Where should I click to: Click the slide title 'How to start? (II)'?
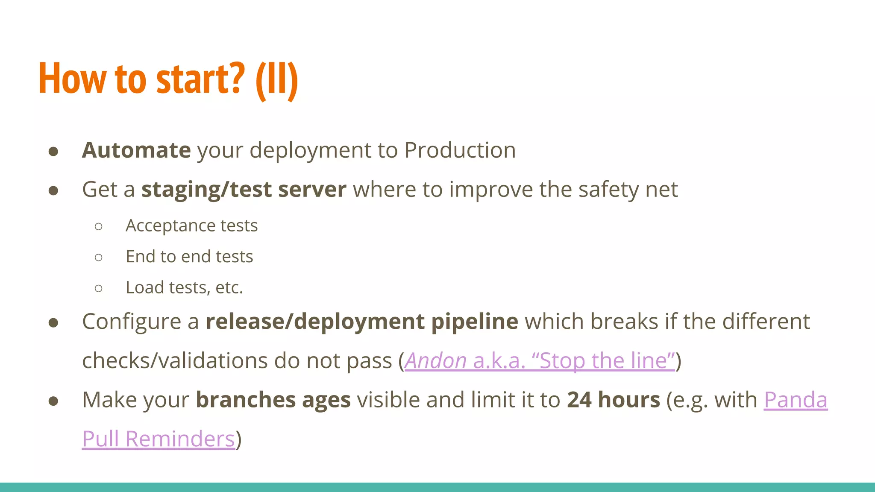click(168, 79)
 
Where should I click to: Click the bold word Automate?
click(136, 150)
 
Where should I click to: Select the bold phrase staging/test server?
click(244, 190)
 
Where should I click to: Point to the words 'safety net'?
click(628, 190)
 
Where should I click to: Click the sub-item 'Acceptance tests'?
click(191, 226)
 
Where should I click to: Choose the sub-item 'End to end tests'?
click(189, 257)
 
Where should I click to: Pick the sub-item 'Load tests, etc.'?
click(184, 288)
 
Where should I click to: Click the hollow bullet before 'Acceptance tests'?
click(99, 226)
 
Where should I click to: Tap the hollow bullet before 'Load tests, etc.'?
click(99, 288)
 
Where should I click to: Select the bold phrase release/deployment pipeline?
click(361, 322)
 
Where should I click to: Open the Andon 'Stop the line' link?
click(540, 361)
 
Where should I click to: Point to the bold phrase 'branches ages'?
click(273, 400)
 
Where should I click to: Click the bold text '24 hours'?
click(613, 400)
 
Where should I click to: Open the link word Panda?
click(795, 400)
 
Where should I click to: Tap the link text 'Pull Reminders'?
click(159, 439)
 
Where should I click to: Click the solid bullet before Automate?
click(53, 151)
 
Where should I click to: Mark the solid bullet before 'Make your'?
click(53, 401)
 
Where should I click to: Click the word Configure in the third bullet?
click(132, 322)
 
